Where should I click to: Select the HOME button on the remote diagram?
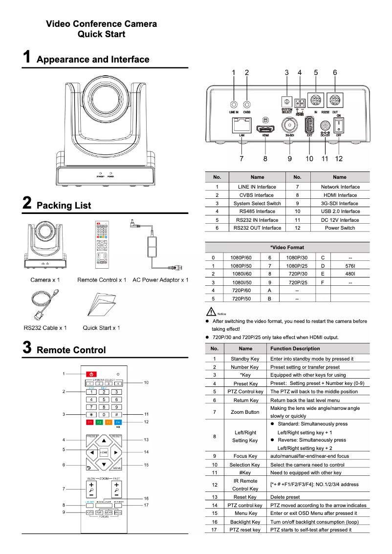(x=104, y=452)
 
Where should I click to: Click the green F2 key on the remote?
(x=99, y=422)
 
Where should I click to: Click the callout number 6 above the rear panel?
(x=335, y=73)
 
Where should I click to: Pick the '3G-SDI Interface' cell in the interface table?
(x=339, y=203)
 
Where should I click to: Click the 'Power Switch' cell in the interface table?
(x=339, y=228)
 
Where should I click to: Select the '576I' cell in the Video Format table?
(x=350, y=265)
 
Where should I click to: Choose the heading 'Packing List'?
(x=64, y=205)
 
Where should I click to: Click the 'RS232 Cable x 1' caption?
(x=45, y=328)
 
